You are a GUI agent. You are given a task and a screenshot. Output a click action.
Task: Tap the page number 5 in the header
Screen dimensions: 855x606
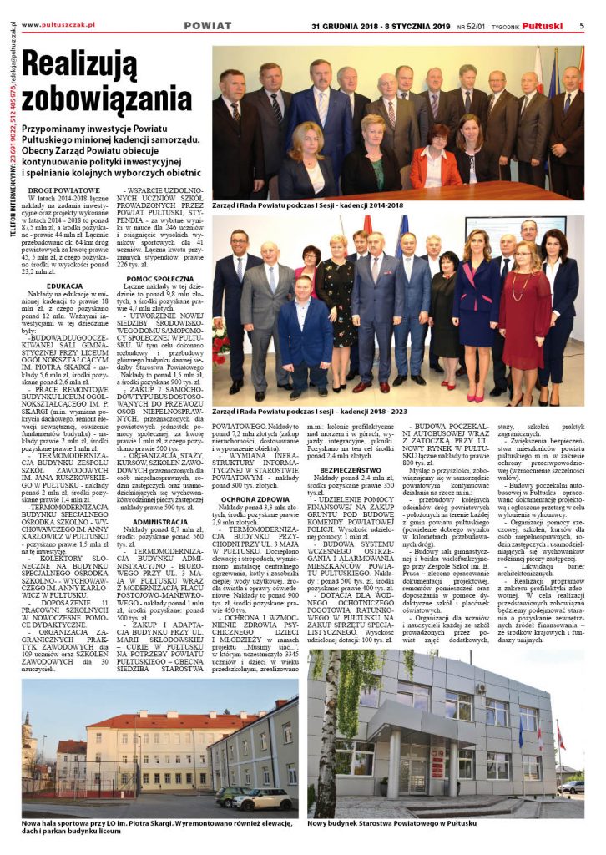[582, 25]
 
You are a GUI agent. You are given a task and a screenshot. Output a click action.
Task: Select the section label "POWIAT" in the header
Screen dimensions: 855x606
[207, 25]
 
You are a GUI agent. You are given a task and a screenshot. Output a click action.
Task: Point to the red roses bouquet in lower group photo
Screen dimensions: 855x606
[220, 342]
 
